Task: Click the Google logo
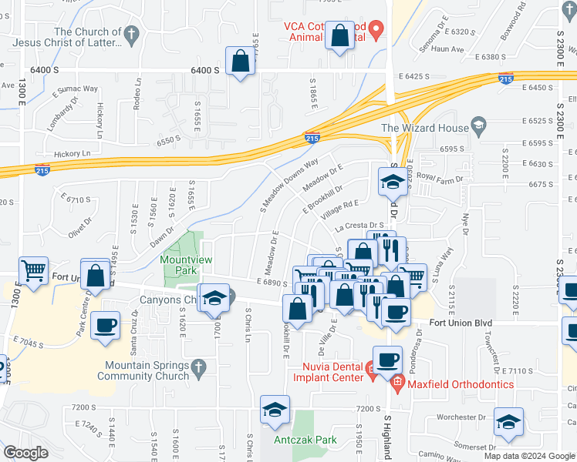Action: point(26,452)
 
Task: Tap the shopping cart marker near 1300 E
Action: point(32,272)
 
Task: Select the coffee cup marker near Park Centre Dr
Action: point(106,326)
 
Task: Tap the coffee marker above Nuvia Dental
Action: point(387,359)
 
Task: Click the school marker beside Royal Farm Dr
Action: point(392,182)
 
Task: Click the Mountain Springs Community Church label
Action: point(144,371)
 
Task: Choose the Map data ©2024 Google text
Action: point(528,456)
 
